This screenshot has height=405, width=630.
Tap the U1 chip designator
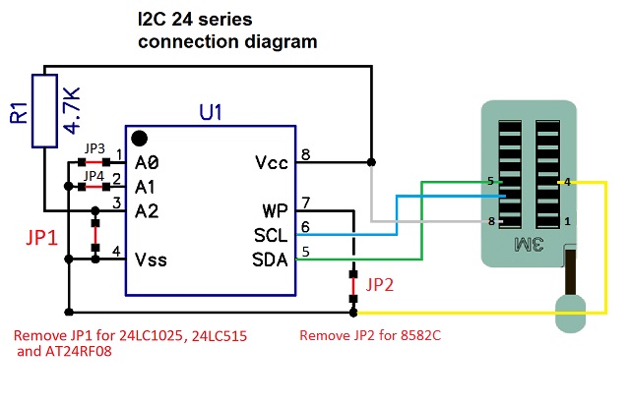pos(211,112)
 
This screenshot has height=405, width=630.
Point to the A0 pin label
pos(148,162)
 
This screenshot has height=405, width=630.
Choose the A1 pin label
pos(147,186)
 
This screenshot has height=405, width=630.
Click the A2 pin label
pos(148,210)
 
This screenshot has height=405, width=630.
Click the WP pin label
pos(276,211)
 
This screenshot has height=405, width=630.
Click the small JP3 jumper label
pos(94,149)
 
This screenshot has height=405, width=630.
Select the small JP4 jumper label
pos(94,175)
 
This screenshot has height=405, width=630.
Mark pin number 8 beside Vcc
pos(305,154)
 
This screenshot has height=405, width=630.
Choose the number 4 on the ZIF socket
pos(568,182)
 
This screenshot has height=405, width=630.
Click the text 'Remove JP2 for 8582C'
pos(369,335)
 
